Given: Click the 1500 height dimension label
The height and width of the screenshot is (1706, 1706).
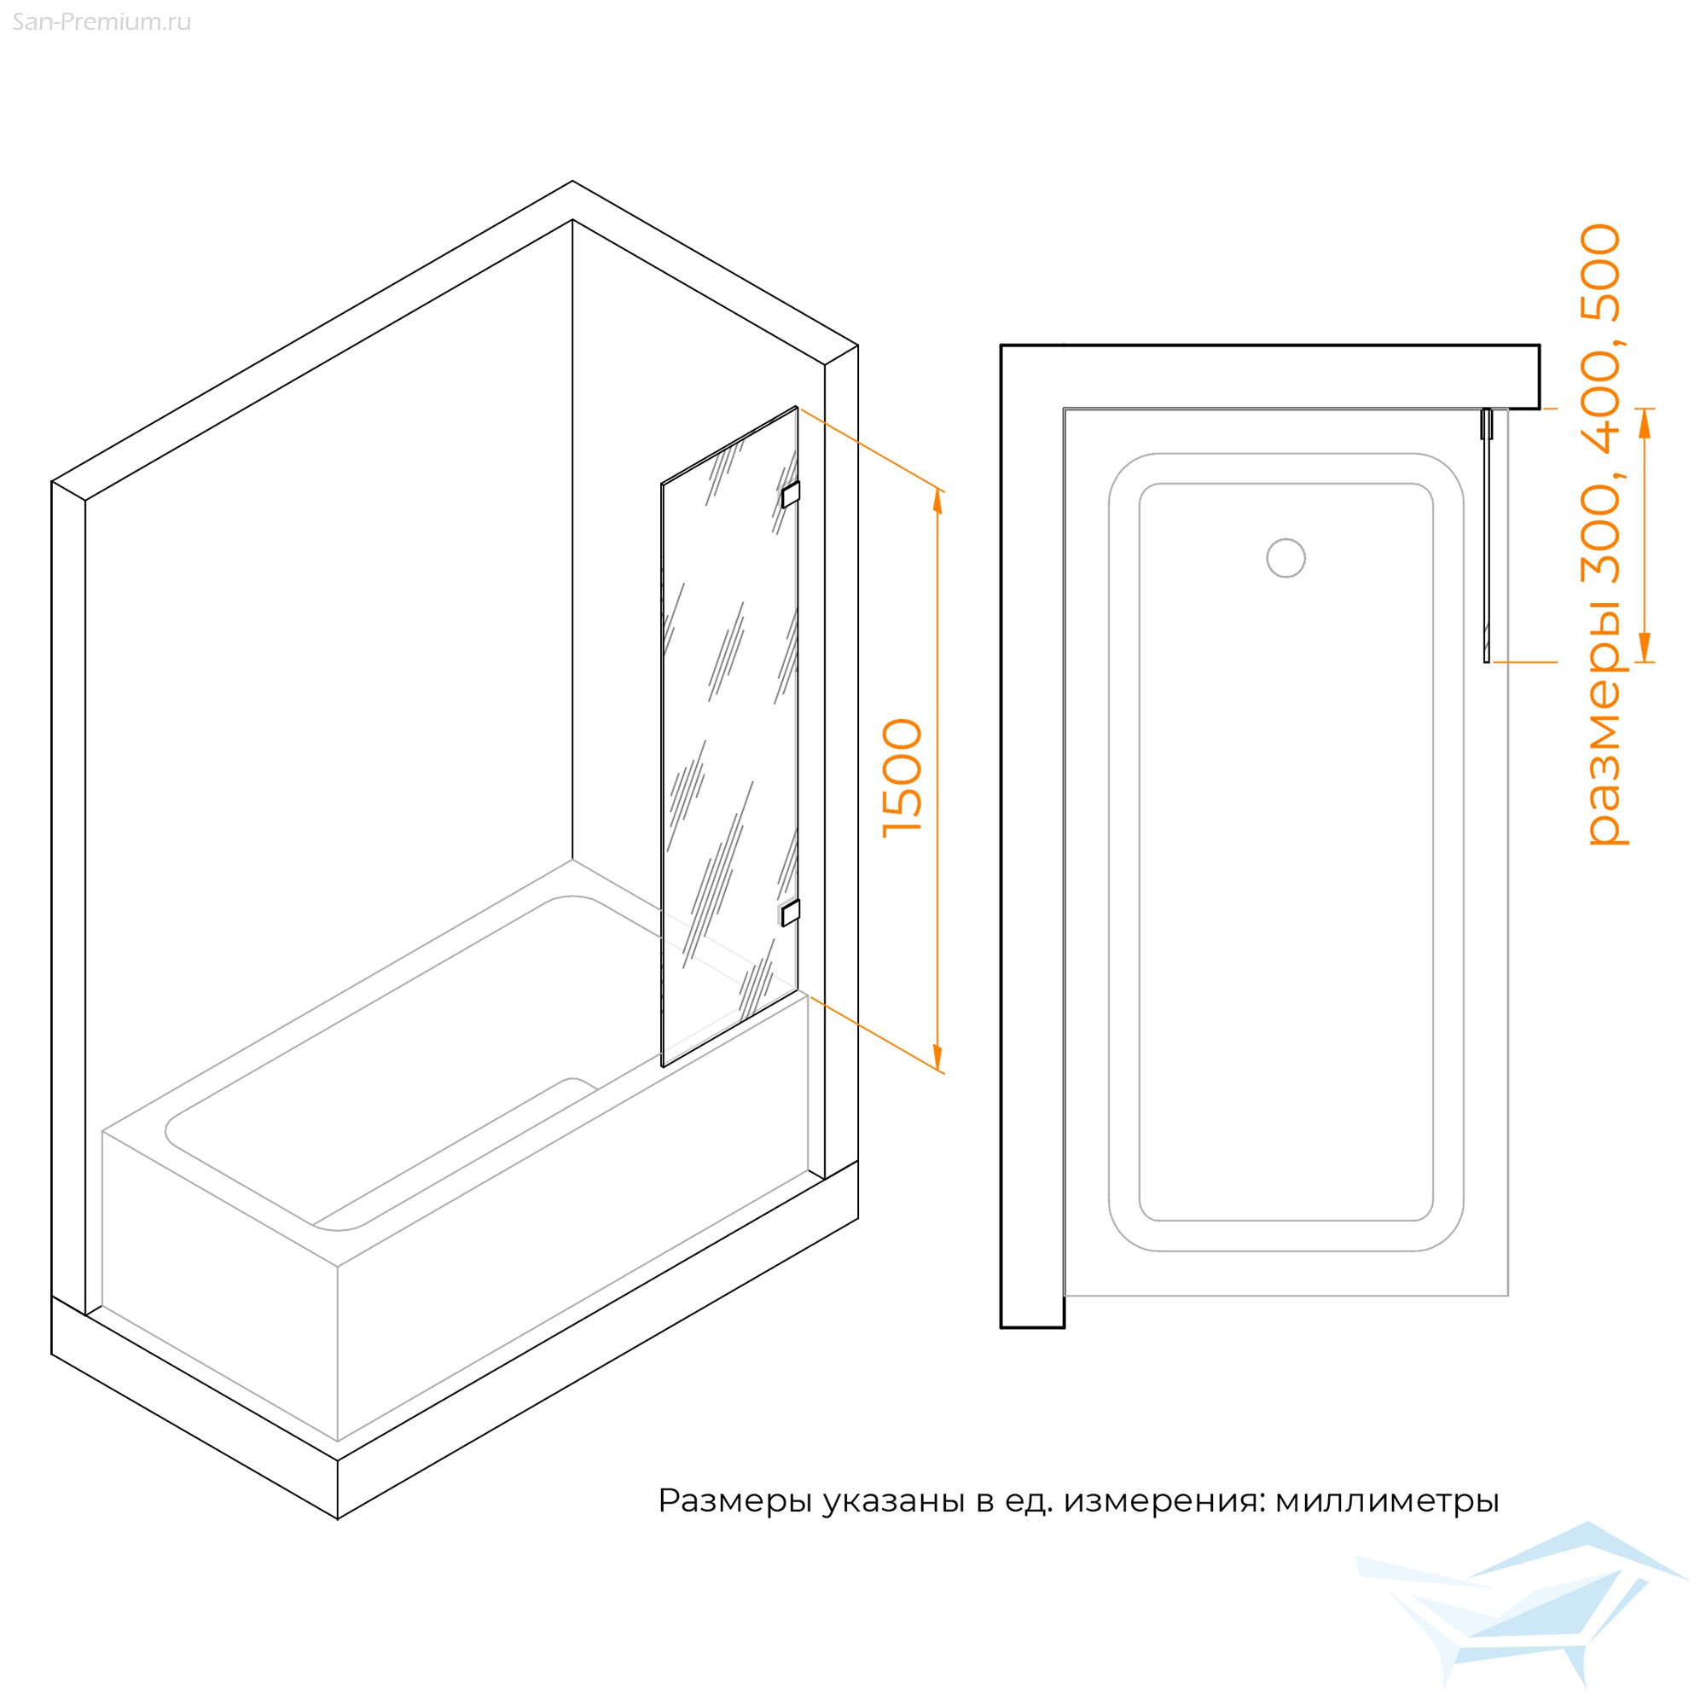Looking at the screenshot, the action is coord(902,777).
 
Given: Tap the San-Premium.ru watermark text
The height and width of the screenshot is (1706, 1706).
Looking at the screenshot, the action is coord(102,22).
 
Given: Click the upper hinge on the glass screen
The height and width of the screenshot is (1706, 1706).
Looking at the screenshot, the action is coord(791,495).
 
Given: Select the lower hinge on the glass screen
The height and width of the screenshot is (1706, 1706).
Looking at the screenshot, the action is coord(791,913).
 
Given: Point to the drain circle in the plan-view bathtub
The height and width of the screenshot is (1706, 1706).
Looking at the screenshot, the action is coord(1285,558).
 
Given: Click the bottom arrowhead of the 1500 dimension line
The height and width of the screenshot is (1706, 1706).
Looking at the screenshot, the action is coord(937,1058).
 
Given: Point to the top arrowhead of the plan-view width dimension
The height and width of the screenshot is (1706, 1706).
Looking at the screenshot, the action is coord(1645,423).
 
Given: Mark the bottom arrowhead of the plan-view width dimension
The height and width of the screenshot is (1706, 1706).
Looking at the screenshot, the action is coord(1645,647).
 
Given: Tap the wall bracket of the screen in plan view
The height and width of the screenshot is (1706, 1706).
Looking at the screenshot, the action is coord(1487,424).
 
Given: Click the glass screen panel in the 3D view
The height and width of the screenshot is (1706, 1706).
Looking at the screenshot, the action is coord(729,736).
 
